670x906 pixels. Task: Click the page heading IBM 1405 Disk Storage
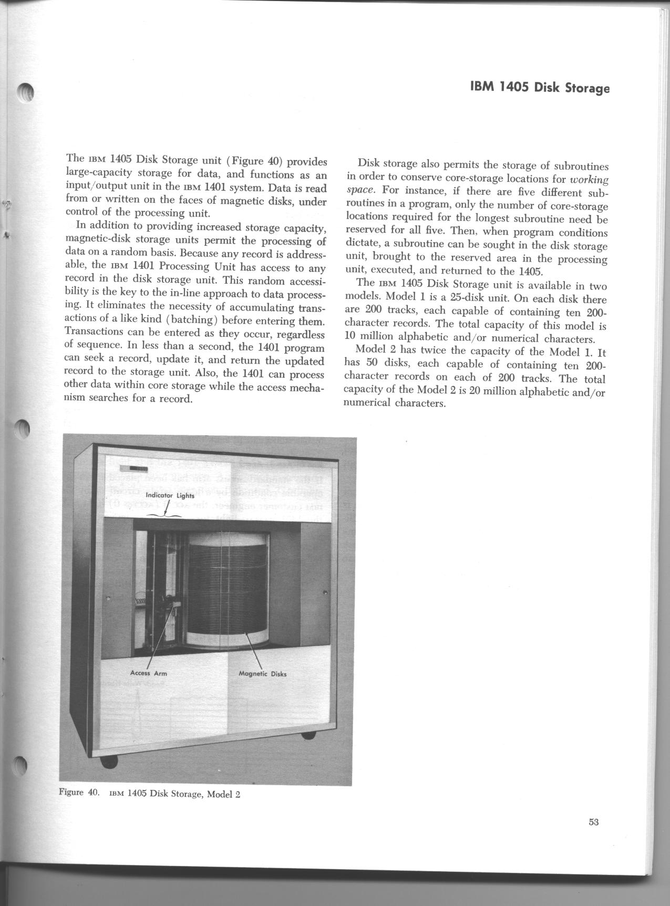(540, 88)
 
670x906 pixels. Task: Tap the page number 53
(594, 822)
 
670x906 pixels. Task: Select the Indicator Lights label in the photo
(170, 495)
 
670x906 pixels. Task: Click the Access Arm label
(148, 673)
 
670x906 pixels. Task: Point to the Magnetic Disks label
(263, 674)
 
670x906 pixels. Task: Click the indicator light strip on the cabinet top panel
(133, 468)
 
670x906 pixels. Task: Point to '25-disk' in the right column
(455, 299)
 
